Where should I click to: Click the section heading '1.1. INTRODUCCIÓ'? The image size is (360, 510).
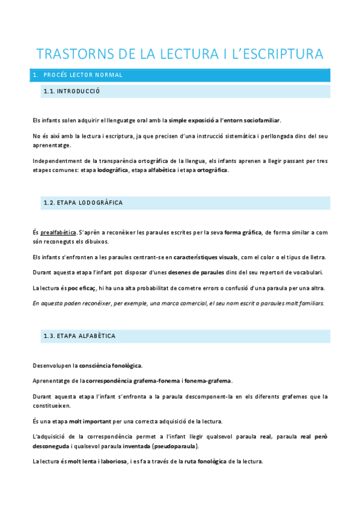coord(72,91)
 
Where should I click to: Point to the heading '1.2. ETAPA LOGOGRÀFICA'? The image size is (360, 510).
coord(83,203)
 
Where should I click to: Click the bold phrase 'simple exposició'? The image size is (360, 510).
coord(193,120)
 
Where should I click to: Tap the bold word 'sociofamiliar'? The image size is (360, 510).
coord(260,120)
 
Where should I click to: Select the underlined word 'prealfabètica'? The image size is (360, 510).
coord(58,233)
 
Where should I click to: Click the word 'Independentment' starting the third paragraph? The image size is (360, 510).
coord(57,161)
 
